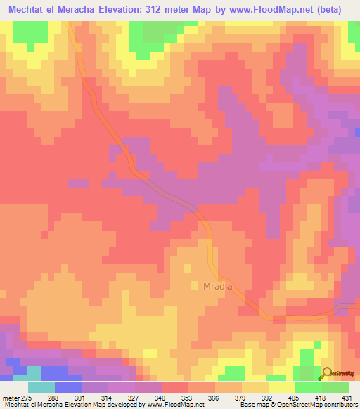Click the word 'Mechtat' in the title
pyautogui.click(x=26, y=8)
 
